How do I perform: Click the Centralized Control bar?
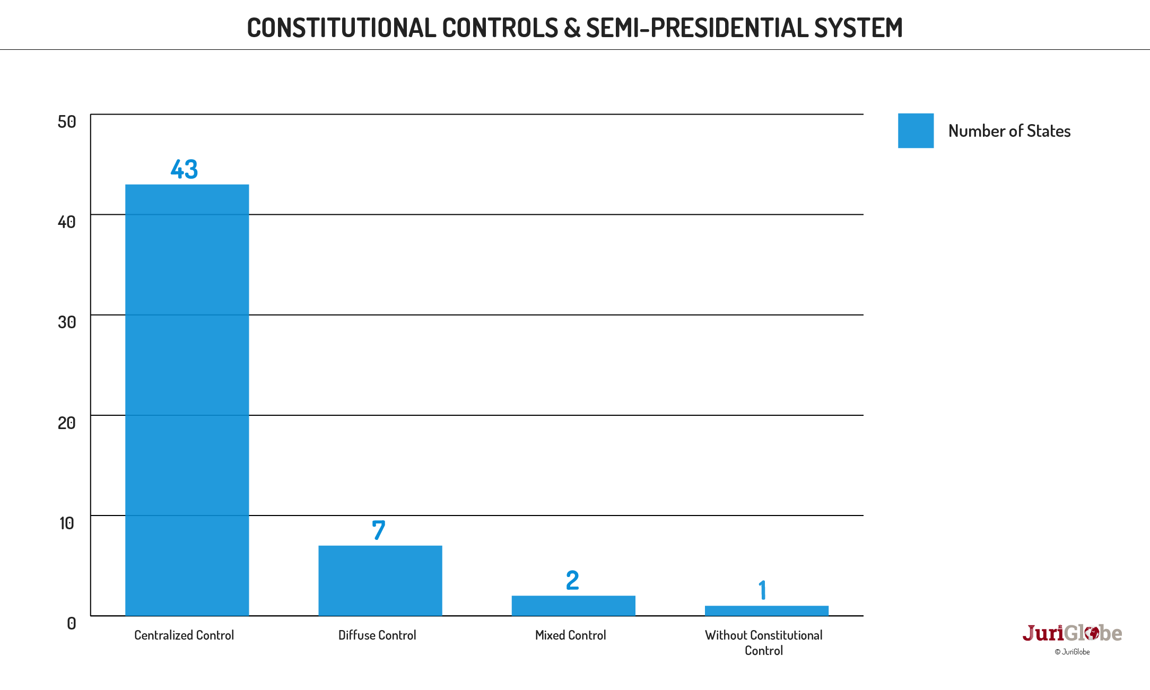point(187,400)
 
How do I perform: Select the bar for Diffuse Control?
point(380,580)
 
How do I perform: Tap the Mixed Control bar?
point(573,605)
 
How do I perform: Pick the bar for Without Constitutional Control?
point(766,610)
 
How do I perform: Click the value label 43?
point(184,169)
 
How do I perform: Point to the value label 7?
point(378,530)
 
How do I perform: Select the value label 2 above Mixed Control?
point(572,580)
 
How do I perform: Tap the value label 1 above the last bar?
point(763,590)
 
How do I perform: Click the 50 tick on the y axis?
point(67,122)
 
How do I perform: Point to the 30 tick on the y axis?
point(67,322)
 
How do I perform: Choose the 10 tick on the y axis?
point(67,523)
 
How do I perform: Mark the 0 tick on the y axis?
point(72,624)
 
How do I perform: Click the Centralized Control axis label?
point(184,635)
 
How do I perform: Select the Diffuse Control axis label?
point(377,635)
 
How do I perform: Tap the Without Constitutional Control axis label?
point(763,642)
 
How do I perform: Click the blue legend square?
point(916,130)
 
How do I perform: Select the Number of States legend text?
point(1009,131)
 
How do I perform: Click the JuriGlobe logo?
point(1072,633)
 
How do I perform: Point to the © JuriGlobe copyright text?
point(1072,652)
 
